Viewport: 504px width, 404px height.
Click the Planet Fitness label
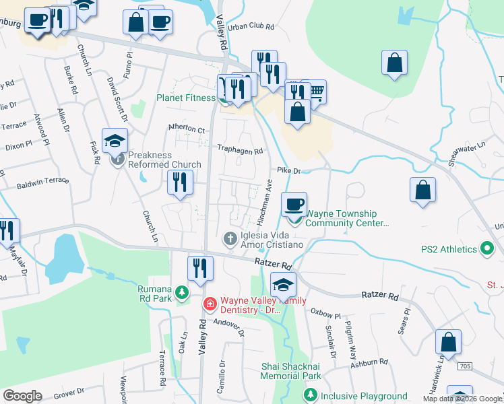186,98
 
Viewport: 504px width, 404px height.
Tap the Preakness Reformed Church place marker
118,160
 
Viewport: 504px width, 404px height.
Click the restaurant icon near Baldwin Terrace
179,183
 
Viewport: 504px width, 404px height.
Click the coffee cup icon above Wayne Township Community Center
293,204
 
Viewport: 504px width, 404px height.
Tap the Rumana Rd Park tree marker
181,293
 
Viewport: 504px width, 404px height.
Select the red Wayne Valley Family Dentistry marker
210,304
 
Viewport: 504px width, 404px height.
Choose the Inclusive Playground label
364,397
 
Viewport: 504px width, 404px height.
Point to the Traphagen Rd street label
239,151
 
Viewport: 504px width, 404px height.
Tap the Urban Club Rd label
251,27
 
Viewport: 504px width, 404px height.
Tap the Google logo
22,396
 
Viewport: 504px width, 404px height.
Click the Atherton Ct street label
187,129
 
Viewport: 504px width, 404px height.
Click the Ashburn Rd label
371,362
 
